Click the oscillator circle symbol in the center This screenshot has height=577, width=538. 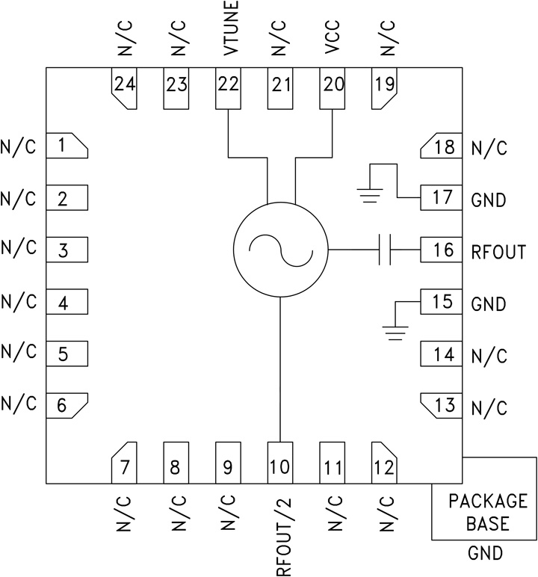280,250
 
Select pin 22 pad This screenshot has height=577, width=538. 228,89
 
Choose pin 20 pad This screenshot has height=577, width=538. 333,89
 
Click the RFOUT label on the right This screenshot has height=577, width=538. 498,251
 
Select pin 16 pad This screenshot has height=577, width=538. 442,250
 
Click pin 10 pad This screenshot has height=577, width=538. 280,463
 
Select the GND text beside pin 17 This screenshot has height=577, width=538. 489,200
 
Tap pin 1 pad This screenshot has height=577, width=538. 67,146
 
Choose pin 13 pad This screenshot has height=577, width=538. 442,406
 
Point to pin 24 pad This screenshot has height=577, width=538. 124,89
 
